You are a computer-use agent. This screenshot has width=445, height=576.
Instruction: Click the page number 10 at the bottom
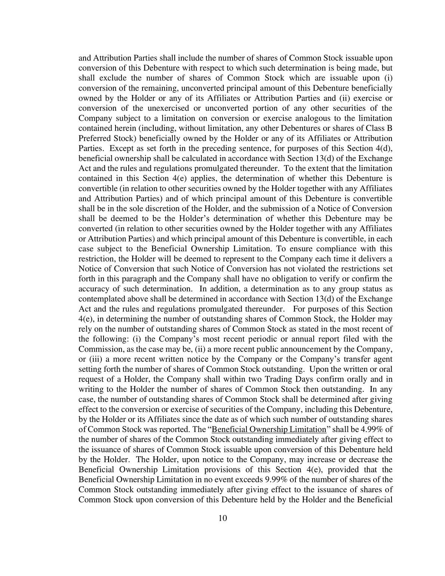tap(222, 518)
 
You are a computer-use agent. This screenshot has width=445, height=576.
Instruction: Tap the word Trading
tap(255, 379)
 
